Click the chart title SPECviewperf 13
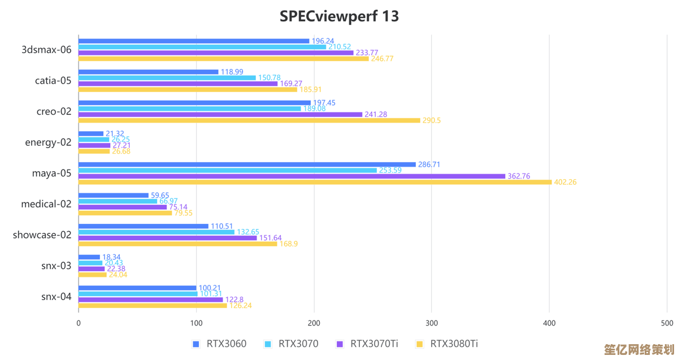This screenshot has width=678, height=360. (339, 16)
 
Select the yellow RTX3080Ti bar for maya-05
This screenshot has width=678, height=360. (315, 182)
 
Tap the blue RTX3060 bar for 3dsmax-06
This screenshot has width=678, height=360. (194, 41)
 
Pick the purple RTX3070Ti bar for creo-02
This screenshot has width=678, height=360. (220, 114)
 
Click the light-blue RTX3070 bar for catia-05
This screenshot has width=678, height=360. (167, 77)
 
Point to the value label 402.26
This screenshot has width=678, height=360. (565, 182)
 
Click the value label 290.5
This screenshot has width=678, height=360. (432, 120)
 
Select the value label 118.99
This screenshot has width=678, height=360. (232, 72)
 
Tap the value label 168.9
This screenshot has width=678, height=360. (289, 244)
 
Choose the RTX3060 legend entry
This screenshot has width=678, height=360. (219, 344)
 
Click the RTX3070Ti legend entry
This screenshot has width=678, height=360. (367, 344)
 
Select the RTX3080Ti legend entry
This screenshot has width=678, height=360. (447, 344)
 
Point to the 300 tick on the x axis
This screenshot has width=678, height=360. (432, 323)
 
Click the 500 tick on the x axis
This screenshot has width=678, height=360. (667, 323)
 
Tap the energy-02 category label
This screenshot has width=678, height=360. (48, 142)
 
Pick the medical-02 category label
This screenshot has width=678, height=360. (46, 204)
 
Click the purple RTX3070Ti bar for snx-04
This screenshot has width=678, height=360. (151, 300)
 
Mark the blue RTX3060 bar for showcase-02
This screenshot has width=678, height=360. (144, 226)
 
